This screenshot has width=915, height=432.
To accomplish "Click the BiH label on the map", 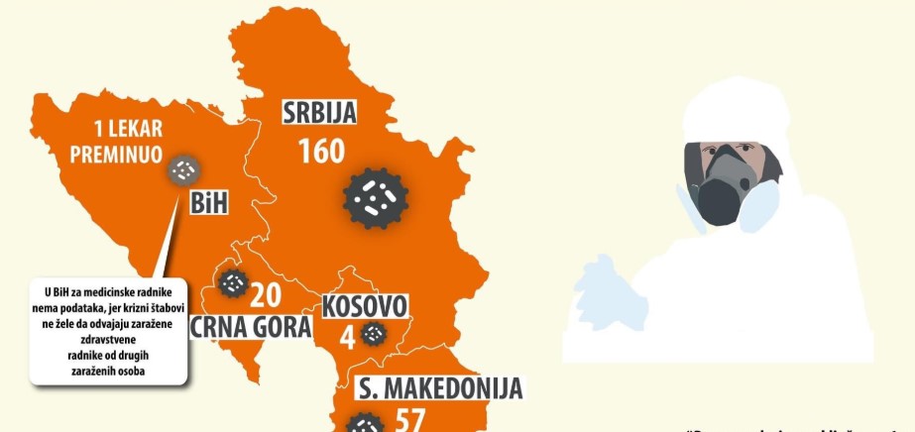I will click(208, 205).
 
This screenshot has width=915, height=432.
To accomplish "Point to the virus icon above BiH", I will click(182, 171).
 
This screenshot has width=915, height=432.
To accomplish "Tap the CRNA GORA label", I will click(251, 327).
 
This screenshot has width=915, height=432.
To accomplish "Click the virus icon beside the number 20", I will click(233, 284).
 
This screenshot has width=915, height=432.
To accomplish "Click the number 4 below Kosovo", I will click(347, 337).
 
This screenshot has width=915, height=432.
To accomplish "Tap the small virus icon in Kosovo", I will click(374, 335).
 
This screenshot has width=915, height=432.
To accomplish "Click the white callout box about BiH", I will click(108, 333).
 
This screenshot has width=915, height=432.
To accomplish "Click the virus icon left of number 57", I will click(364, 424).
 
